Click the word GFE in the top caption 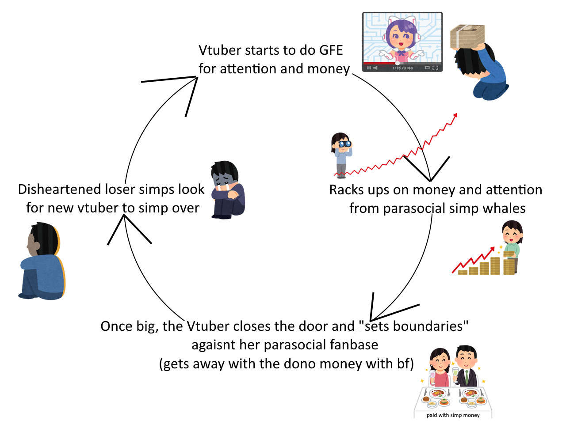point(331,50)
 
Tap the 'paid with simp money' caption point(453,415)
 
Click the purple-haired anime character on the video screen point(401,40)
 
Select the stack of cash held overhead point(467,37)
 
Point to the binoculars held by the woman point(344,144)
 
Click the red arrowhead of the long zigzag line point(455,116)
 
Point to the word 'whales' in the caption point(504,208)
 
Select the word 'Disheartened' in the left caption point(59,189)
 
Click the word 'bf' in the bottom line point(403,364)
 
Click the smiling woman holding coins point(512,241)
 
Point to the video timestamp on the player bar point(402,68)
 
